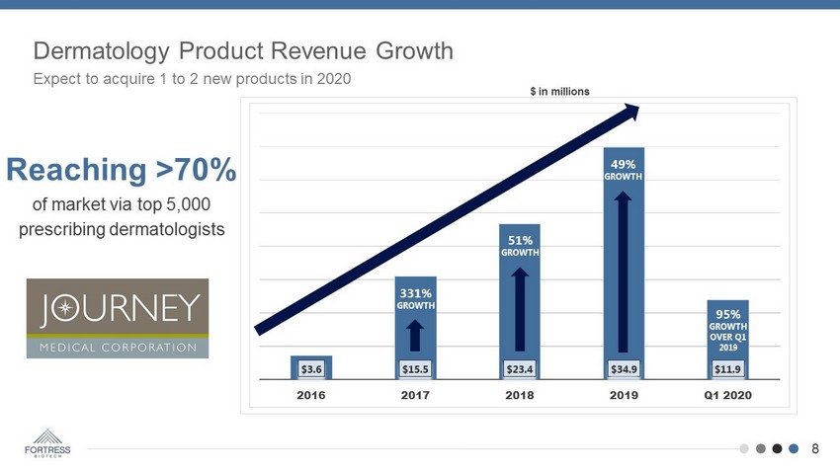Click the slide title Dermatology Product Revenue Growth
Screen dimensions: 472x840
coord(243,50)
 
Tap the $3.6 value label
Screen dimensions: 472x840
coord(310,369)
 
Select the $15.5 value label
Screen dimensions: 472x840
coord(415,369)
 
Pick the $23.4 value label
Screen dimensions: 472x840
coord(520,369)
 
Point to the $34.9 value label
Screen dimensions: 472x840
coord(624,369)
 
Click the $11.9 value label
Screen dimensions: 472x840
coord(728,369)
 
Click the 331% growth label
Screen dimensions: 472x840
coord(415,298)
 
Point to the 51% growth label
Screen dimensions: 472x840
coord(520,245)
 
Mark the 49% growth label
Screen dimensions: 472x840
coord(624,169)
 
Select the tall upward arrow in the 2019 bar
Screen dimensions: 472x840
coord(624,271)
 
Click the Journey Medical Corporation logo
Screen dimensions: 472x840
coord(118,317)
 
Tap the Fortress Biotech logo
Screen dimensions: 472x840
coord(46,443)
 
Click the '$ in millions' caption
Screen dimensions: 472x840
coord(559,91)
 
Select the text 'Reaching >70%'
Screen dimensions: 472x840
coord(121,170)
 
